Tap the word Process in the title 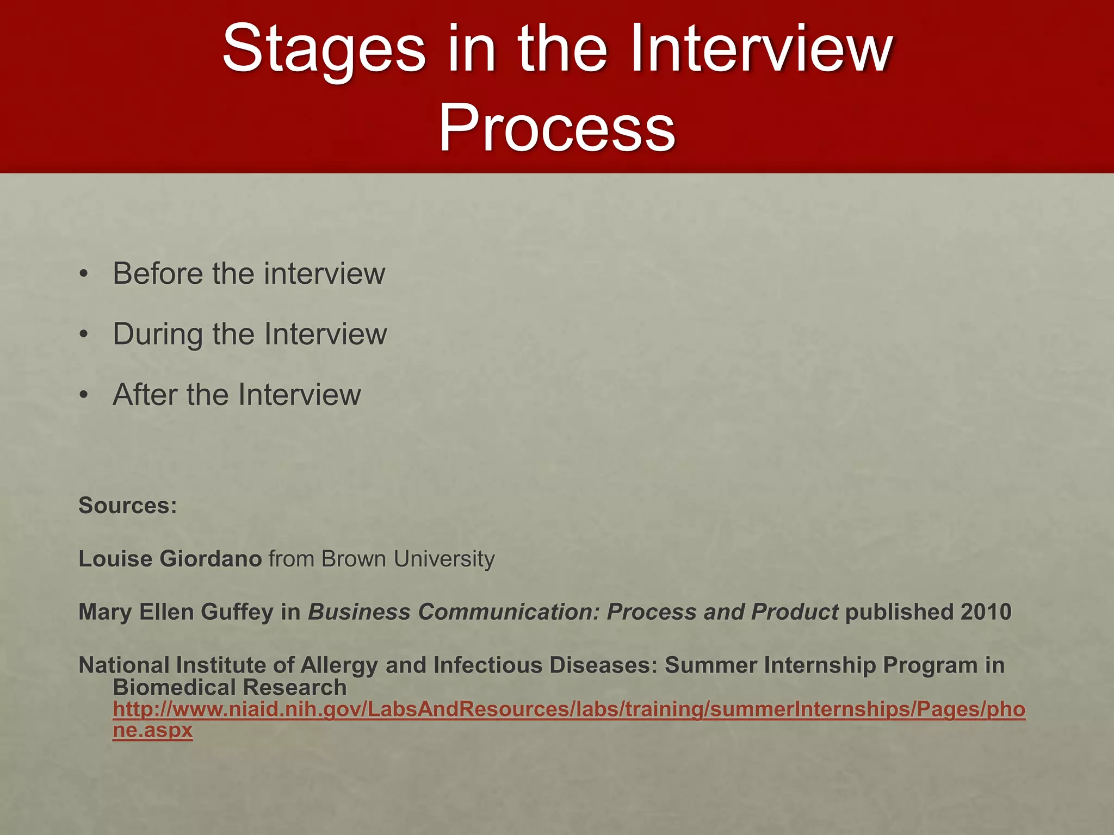point(556,128)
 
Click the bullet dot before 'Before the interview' point(83,274)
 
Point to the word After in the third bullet point(145,395)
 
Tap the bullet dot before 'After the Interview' point(83,395)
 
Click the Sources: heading point(128,506)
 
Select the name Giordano point(211,559)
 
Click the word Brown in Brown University point(354,559)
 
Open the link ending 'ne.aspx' point(152,730)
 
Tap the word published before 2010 point(899,612)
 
